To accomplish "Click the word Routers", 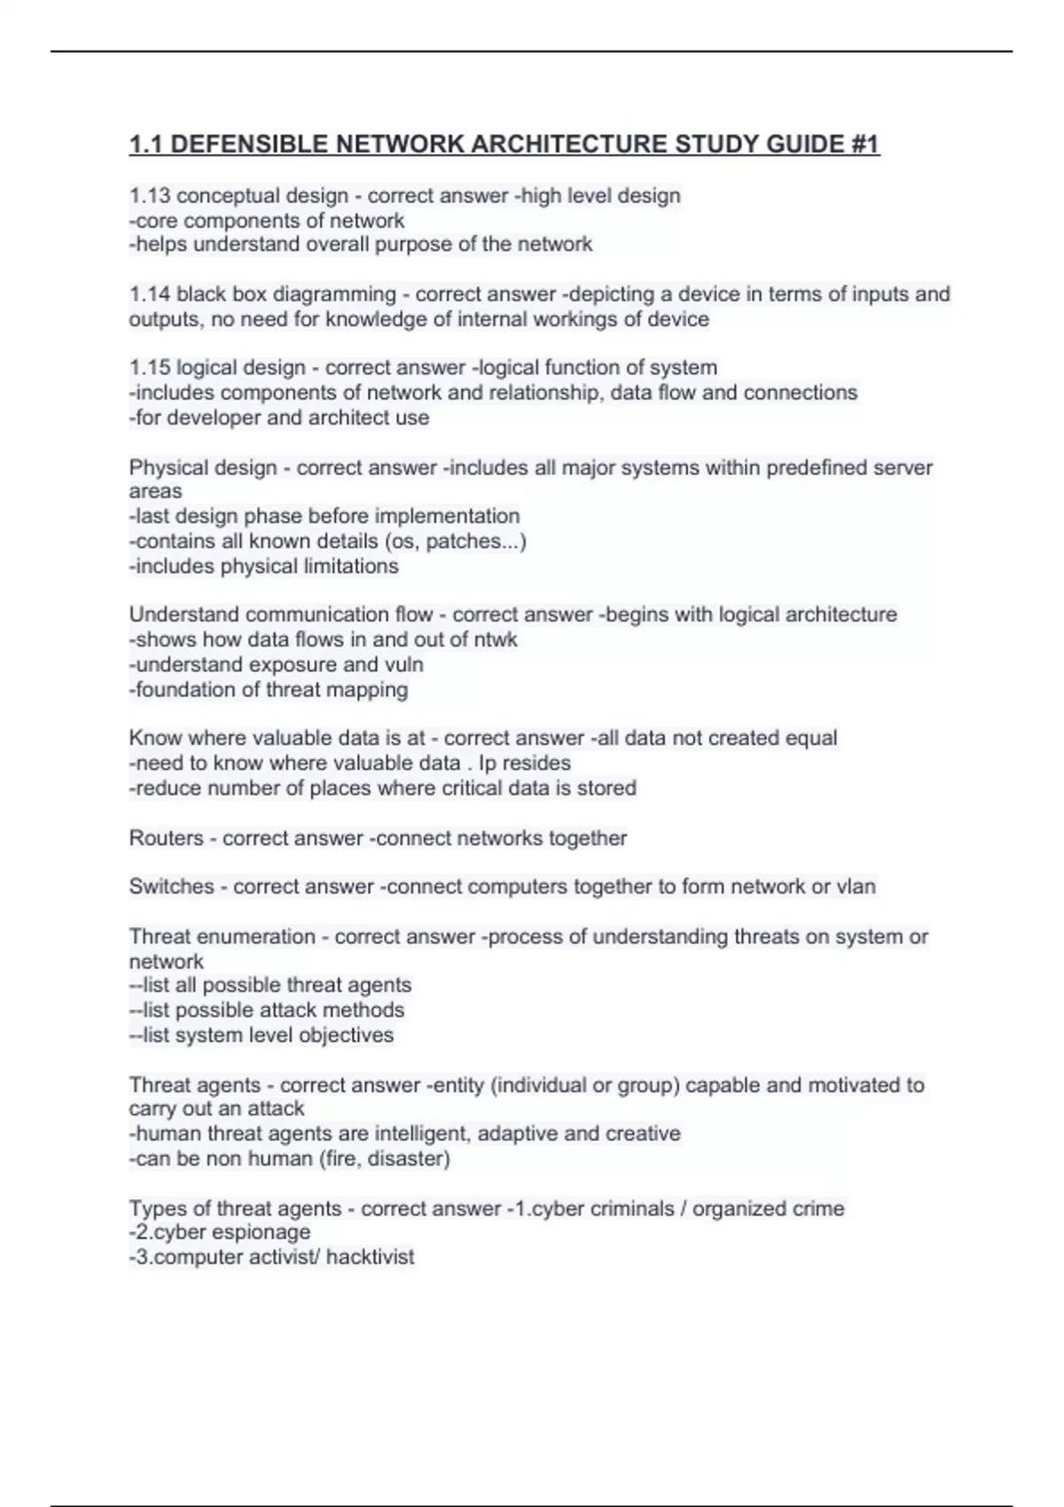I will click(166, 839).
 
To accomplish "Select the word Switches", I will click(171, 887).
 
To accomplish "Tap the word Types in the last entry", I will click(155, 1208).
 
